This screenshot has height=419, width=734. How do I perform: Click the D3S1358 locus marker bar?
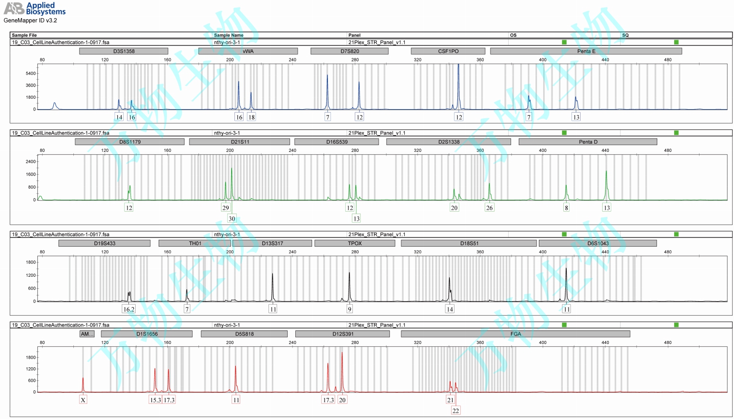pos(124,51)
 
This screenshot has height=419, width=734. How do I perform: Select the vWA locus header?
pos(248,51)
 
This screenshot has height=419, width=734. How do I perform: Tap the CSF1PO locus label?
pos(448,51)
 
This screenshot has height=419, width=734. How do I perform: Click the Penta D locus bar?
pos(588,142)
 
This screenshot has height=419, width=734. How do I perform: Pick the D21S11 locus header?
pos(240,142)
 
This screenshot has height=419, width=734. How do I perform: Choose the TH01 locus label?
pos(195,243)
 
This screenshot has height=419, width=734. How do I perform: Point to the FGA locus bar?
pos(515,334)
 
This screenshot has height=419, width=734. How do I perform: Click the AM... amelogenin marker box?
pos(87,334)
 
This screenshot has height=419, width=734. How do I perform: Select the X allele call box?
pos(83,400)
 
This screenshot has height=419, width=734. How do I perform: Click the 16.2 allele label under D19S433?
pos(129,309)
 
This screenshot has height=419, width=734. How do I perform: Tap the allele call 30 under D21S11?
pos(232,219)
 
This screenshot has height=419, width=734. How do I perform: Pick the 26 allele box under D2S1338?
pos(489,208)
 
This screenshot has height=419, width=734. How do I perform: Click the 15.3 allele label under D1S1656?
pos(155,400)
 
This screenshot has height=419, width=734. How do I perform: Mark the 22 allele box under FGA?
pos(455,411)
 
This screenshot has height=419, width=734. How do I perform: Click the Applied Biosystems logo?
pos(35,8)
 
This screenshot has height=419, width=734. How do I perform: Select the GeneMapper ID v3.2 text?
pos(30,21)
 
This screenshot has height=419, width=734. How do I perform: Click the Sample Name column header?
pos(229,35)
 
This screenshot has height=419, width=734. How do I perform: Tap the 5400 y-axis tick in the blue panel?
pos(31,73)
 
